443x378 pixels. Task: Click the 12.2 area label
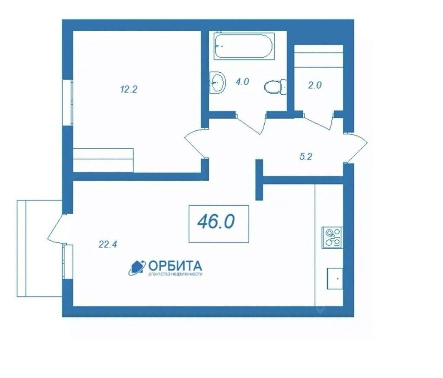(128, 90)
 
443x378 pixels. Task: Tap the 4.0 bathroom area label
(242, 82)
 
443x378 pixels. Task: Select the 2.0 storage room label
(315, 85)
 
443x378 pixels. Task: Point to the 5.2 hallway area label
(305, 157)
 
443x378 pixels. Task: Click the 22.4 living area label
(108, 244)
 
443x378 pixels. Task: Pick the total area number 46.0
(216, 222)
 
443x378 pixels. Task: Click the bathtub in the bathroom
(244, 46)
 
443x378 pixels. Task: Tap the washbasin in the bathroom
(218, 82)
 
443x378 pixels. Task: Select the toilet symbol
(276, 87)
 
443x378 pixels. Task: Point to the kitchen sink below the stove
(335, 278)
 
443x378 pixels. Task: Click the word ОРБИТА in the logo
(175, 266)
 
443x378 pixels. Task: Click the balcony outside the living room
(39, 248)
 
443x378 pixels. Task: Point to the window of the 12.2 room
(68, 103)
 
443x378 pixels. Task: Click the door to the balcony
(57, 228)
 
